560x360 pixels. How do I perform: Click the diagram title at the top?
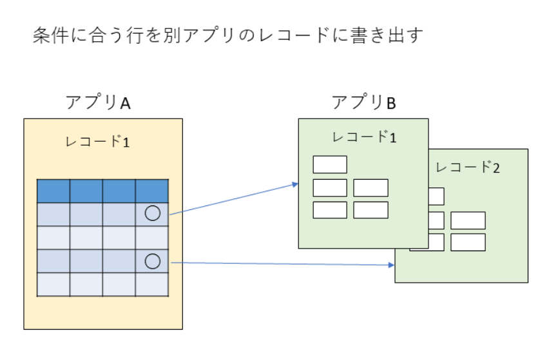click(x=228, y=35)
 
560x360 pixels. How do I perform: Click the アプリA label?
click(x=98, y=102)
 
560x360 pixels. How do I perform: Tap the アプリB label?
click(x=364, y=102)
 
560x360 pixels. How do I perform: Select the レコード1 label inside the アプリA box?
click(x=97, y=142)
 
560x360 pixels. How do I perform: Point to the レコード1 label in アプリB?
click(x=364, y=137)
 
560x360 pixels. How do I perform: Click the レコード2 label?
click(x=467, y=167)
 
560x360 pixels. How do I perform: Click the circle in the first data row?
click(x=153, y=213)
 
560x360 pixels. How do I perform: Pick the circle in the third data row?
click(x=153, y=261)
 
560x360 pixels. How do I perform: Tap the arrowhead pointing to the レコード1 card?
click(x=295, y=184)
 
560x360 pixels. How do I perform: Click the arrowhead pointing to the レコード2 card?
click(x=391, y=265)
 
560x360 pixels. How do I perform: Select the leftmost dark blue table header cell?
click(x=53, y=191)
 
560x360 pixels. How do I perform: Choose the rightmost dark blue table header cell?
click(x=152, y=191)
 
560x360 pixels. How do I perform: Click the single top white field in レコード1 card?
click(x=330, y=164)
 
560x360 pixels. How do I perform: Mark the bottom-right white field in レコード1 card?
click(x=371, y=210)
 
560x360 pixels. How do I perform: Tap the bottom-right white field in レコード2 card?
click(x=468, y=242)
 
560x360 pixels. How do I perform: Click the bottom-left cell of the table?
click(x=53, y=285)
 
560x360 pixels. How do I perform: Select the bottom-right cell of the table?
click(x=152, y=285)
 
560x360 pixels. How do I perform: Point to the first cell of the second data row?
click(x=53, y=238)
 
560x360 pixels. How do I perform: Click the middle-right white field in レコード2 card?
click(x=468, y=220)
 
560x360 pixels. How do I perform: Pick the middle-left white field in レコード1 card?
click(x=330, y=187)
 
